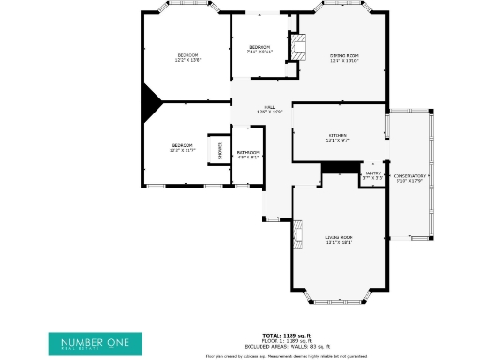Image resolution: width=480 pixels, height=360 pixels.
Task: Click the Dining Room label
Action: point(344,58)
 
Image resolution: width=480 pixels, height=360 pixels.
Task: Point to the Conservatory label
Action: point(410,178)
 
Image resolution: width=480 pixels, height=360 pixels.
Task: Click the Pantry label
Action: point(372,174)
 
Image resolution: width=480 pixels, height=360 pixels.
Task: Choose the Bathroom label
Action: point(247,155)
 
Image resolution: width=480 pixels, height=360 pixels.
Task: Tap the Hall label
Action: point(269,109)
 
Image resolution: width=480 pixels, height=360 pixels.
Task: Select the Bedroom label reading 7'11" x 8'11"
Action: point(259,50)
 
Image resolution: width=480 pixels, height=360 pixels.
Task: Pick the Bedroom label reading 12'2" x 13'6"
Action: point(187,58)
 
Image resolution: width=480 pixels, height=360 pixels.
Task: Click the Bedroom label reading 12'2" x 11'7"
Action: point(182,147)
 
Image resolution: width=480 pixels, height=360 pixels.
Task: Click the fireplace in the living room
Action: point(299,235)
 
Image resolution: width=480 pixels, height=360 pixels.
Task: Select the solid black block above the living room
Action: point(340,167)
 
